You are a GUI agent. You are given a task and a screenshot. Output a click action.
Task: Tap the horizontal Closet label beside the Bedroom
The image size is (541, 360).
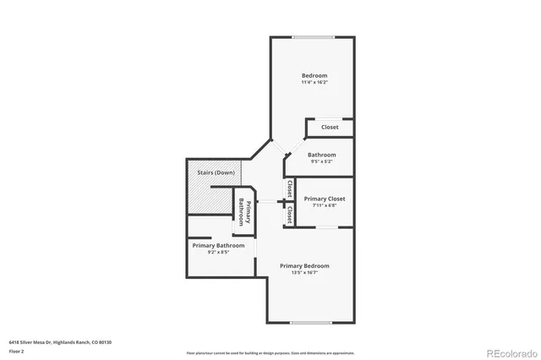pyautogui.click(x=330, y=128)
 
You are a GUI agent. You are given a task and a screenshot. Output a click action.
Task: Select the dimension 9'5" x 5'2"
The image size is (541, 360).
pyautogui.click(x=321, y=161)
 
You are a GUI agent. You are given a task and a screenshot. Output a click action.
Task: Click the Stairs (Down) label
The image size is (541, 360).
pyautogui.click(x=216, y=172)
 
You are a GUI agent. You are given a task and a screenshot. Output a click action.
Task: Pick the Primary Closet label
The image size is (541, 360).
pyautogui.click(x=325, y=199)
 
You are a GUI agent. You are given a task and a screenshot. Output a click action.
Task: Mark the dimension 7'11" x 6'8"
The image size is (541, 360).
pyautogui.click(x=325, y=205)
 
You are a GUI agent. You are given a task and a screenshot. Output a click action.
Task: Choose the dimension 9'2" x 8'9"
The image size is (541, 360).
pyautogui.click(x=218, y=252)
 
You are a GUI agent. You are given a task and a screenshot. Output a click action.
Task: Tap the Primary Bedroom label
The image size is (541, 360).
pyautogui.click(x=305, y=266)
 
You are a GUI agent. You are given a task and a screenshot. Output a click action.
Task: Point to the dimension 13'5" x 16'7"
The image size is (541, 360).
pyautogui.click(x=305, y=273)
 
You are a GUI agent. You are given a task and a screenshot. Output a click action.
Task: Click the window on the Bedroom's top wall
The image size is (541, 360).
pyautogui.click(x=313, y=36)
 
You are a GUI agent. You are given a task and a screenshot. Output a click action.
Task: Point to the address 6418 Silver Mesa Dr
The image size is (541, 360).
pyautogui.click(x=34, y=342)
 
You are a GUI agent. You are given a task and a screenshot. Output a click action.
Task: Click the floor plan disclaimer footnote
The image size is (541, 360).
pyautogui.click(x=270, y=352)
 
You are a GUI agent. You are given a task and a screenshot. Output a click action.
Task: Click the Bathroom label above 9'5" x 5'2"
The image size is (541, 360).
pyautogui.click(x=321, y=155)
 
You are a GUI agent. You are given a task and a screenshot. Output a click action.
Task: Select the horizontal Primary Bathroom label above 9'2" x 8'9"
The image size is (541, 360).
pyautogui.click(x=218, y=245)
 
